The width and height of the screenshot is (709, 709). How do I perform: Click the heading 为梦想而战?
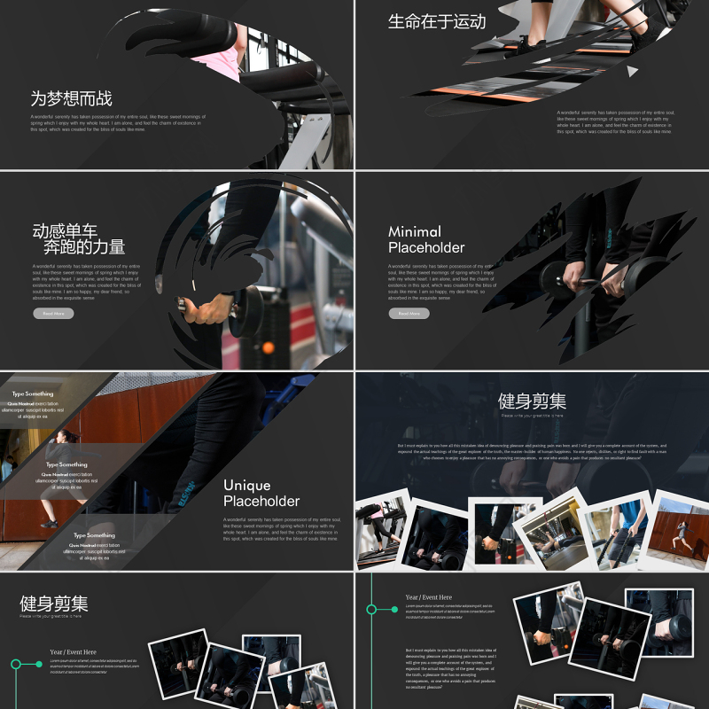click(x=71, y=99)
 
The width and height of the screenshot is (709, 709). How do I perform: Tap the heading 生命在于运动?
click(x=437, y=21)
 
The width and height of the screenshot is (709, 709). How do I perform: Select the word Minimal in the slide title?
click(x=415, y=231)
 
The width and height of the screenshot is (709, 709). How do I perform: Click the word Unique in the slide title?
click(x=247, y=485)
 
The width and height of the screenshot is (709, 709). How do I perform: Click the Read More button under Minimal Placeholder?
click(x=409, y=314)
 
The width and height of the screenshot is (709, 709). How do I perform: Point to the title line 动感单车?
click(x=65, y=230)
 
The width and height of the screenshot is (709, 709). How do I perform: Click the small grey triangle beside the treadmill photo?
click(x=632, y=71)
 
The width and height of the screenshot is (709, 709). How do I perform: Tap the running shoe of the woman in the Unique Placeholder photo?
click(x=49, y=523)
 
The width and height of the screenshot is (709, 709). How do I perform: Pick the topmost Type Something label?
click(x=32, y=393)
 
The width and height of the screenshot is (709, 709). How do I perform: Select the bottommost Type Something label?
click(x=94, y=535)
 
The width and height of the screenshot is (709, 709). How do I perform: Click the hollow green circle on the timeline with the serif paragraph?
click(x=371, y=609)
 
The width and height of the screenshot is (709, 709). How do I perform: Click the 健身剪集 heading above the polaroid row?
click(x=532, y=401)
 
